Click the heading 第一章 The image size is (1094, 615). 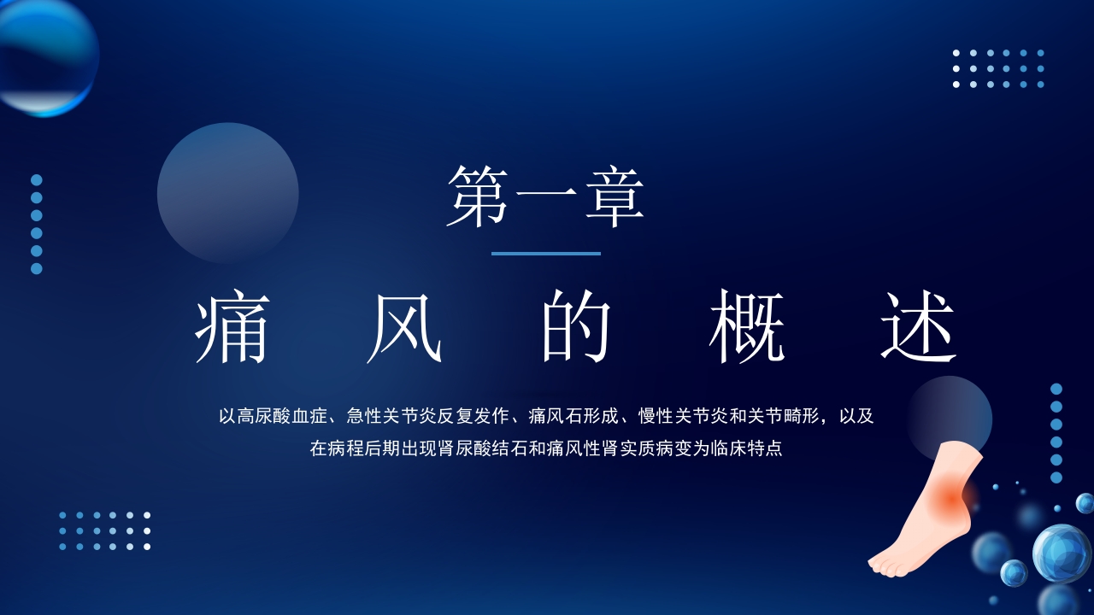pyautogui.click(x=545, y=197)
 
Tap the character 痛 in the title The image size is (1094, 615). pyautogui.click(x=232, y=328)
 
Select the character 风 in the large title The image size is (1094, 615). pyautogui.click(x=404, y=328)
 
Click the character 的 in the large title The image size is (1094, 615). pyautogui.click(x=576, y=328)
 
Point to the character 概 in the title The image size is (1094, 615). pyautogui.click(x=747, y=328)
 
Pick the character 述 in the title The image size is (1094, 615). pyautogui.click(x=919, y=328)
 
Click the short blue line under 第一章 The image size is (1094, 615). pyautogui.click(x=545, y=254)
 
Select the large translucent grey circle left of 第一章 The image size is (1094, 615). pyautogui.click(x=227, y=192)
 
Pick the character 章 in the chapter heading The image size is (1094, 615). pyautogui.click(x=614, y=197)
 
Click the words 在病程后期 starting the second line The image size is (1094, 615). pyautogui.click(x=352, y=448)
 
